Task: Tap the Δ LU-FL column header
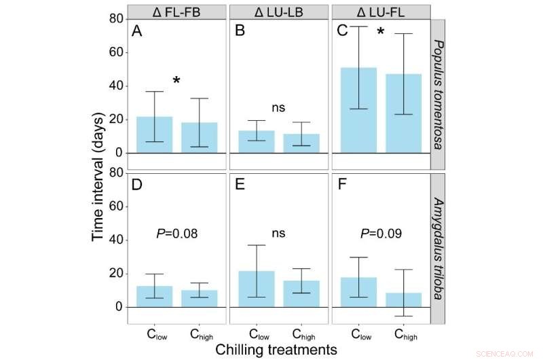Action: pyautogui.click(x=381, y=12)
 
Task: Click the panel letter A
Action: pyautogui.click(x=137, y=31)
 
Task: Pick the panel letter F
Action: pyautogui.click(x=342, y=185)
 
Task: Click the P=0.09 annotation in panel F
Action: pyautogui.click(x=381, y=234)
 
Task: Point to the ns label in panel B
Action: pyautogui.click(x=278, y=107)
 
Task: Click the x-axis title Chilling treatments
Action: pyautogui.click(x=276, y=349)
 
